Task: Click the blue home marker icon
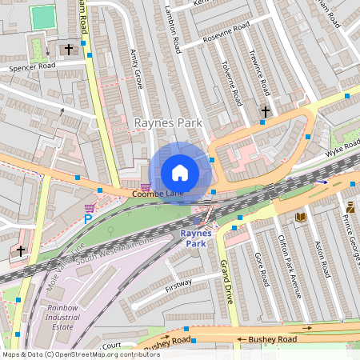pyautogui.click(x=180, y=172)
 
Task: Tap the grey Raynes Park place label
pyautogui.click(x=168, y=122)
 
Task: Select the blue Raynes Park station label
pyautogui.click(x=196, y=238)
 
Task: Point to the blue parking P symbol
pyautogui.click(x=88, y=218)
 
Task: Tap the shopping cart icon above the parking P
pyautogui.click(x=90, y=208)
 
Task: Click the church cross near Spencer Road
pyautogui.click(x=69, y=50)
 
